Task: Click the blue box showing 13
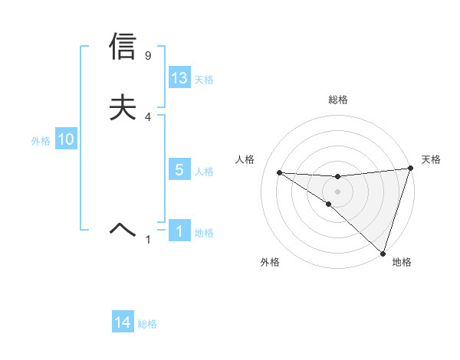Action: [179, 78]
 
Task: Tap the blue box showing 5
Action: [179, 170]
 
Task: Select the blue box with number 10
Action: [66, 139]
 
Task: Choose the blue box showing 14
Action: [123, 322]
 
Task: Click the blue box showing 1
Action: [179, 231]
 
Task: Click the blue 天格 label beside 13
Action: [204, 80]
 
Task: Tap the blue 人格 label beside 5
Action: [204, 172]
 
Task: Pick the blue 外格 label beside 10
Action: [41, 141]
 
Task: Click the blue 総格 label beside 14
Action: [147, 324]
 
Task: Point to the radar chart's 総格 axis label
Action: [338, 100]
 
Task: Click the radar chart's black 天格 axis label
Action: [431, 159]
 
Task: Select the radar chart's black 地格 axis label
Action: [402, 262]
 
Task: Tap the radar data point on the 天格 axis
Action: [410, 169]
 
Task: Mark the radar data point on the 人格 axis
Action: [279, 172]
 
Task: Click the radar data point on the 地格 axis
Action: [383, 253]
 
